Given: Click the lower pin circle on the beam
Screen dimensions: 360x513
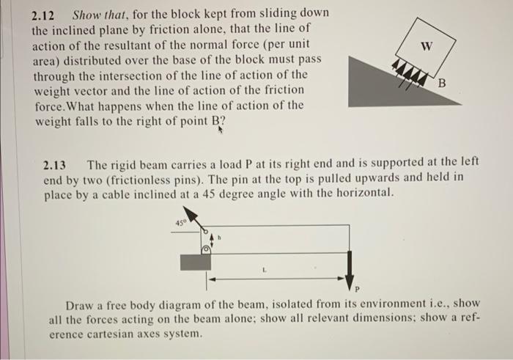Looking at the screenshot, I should click(207, 249).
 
